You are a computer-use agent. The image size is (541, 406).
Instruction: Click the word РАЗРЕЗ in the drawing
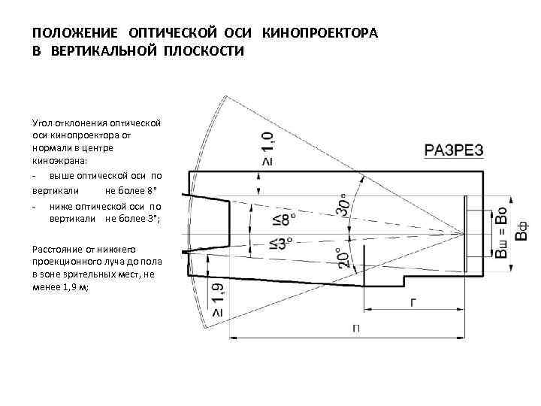point(454,150)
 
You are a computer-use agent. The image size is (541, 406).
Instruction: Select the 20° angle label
point(343,258)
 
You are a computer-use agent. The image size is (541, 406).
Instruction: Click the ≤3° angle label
point(280,243)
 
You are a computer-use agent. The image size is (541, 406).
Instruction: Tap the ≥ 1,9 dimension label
point(217,298)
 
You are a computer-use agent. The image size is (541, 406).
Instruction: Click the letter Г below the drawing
point(413,301)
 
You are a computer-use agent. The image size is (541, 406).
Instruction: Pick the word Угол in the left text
point(44,123)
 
